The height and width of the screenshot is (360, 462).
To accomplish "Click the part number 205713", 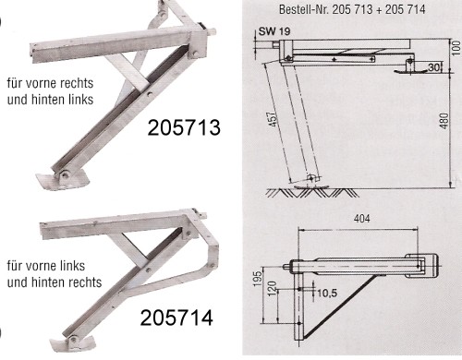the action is (x=184, y=127).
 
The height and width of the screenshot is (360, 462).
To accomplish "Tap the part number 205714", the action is (x=176, y=318).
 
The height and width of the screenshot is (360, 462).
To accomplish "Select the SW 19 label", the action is (x=274, y=31).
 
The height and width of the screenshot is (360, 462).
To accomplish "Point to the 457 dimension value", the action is (x=273, y=119).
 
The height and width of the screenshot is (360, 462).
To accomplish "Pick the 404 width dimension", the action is (x=362, y=219).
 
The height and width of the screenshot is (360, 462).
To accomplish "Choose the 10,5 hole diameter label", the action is (x=327, y=293).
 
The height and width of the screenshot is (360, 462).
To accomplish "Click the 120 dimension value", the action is (x=273, y=288).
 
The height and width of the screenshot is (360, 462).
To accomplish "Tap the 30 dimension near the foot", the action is (x=433, y=67).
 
